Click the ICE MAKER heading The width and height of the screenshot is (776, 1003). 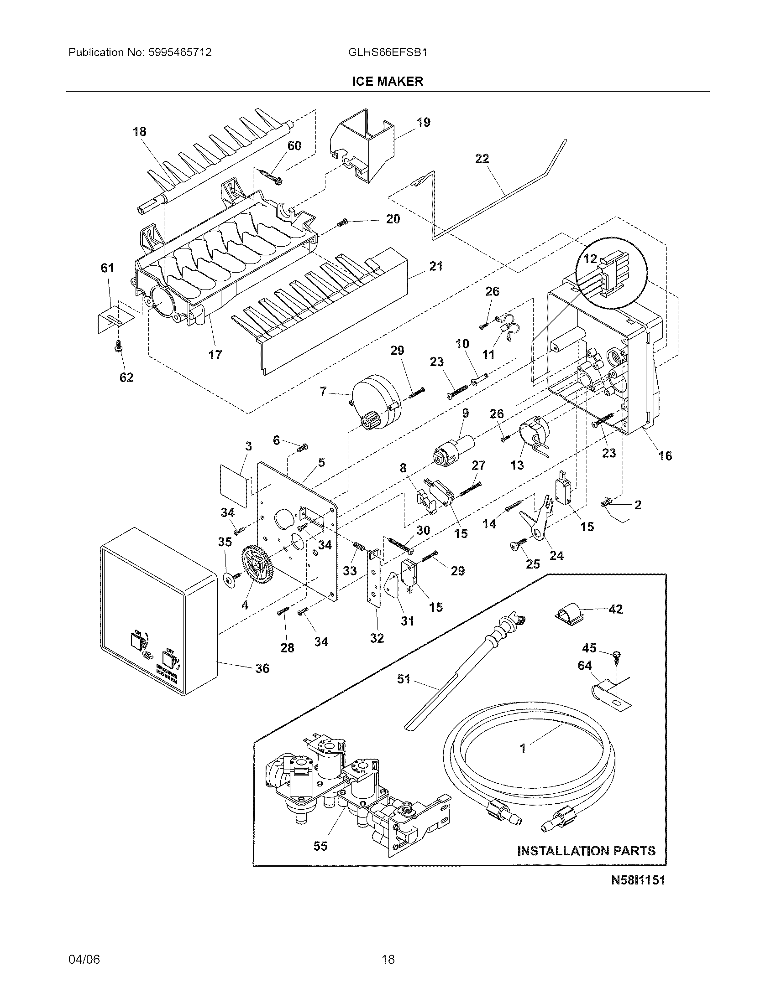pos(388,82)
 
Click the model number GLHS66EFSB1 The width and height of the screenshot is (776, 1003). pos(388,52)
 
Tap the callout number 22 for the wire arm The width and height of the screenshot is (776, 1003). pos(482,159)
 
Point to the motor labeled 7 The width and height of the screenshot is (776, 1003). pos(376,401)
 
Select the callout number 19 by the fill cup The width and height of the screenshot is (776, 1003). pos(424,123)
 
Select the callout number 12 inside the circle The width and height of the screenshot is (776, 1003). pos(590,259)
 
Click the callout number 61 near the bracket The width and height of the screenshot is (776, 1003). pos(107,268)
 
